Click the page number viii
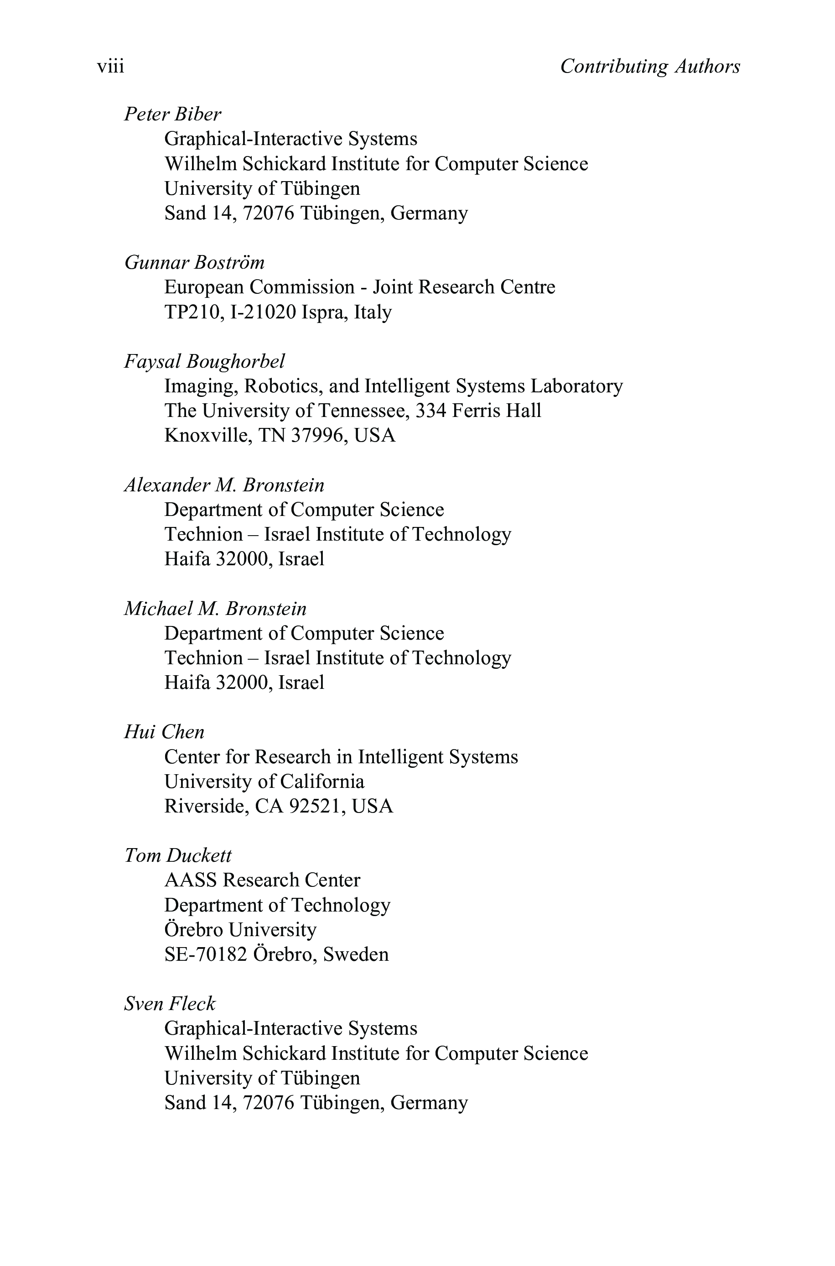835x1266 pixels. pos(110,67)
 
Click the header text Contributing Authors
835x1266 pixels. pos(650,67)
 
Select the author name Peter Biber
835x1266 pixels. pos(172,114)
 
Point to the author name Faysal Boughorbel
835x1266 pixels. pos(204,361)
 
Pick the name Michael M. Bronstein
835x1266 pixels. pos(215,608)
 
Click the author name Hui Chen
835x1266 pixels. pos(164,732)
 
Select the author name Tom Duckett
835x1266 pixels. pos(177,855)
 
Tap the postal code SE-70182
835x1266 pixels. pos(206,954)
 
